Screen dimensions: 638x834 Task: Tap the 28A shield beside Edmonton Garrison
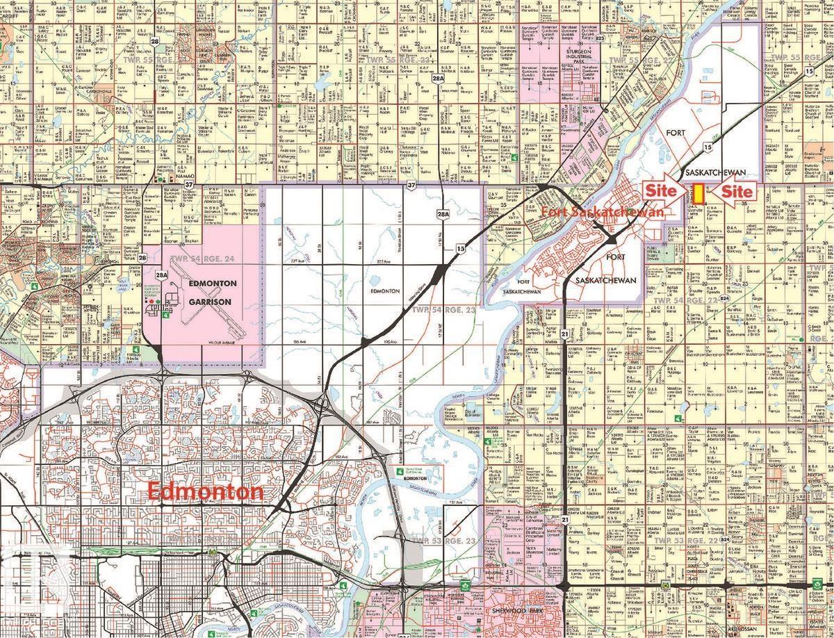(161, 276)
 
